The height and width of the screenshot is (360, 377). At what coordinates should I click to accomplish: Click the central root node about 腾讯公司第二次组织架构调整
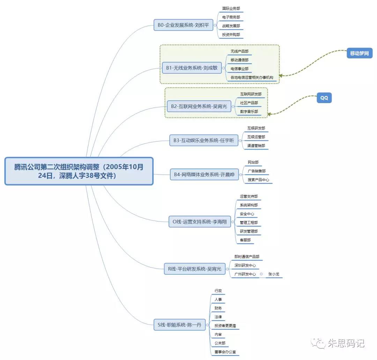click(79, 171)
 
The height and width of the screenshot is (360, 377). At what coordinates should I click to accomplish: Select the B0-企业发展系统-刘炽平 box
click(183, 25)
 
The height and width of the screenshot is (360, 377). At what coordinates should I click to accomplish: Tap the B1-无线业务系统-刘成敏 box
click(192, 68)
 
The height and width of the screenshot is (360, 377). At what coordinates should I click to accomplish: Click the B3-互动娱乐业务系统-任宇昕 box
click(204, 141)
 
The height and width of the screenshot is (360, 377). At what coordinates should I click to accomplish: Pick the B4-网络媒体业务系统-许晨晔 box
click(204, 174)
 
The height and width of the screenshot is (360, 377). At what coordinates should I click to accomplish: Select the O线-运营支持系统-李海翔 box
click(200, 222)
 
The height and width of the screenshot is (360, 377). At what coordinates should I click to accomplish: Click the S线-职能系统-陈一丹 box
click(179, 325)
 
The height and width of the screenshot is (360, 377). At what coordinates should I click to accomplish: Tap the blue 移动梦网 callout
click(360, 53)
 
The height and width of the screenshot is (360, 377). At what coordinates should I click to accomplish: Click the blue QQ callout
click(324, 98)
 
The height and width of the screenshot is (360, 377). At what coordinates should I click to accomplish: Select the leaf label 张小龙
click(274, 274)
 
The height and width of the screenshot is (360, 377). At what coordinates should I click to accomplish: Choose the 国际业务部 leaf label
click(231, 8)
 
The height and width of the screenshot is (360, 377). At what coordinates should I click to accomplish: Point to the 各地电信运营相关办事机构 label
click(252, 78)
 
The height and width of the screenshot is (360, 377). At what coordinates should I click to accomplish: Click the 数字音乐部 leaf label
click(249, 112)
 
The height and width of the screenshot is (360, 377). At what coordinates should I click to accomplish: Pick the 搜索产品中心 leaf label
click(258, 180)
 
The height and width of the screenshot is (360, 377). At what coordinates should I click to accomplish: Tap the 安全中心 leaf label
click(247, 214)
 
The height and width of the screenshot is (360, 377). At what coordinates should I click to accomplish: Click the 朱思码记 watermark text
click(346, 344)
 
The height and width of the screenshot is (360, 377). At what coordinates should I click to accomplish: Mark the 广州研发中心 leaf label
click(245, 274)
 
